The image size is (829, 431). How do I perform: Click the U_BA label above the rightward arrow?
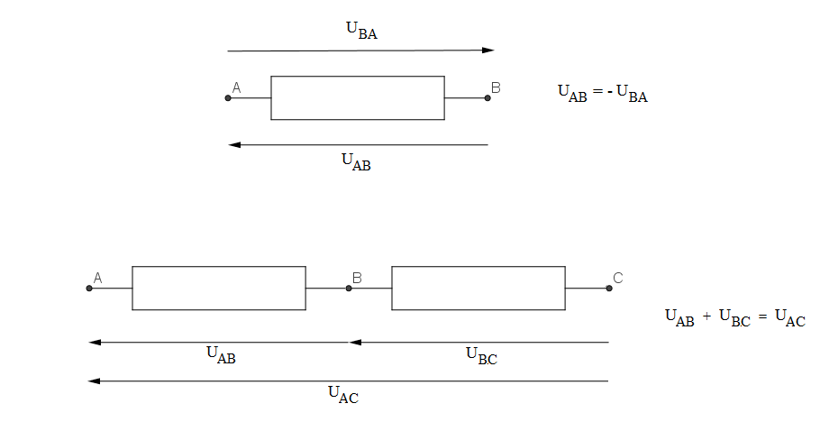[x=361, y=30]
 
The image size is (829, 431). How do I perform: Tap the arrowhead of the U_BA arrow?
[x=488, y=50]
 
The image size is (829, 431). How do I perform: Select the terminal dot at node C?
[x=609, y=289]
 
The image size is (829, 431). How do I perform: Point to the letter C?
[x=618, y=278]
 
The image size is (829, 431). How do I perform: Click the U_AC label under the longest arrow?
[x=342, y=394]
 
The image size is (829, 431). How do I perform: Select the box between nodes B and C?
[x=478, y=288]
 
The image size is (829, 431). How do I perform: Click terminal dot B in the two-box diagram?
[x=349, y=289]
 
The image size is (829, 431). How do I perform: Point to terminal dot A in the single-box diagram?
[x=228, y=97]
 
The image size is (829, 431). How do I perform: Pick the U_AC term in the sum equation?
[x=789, y=318]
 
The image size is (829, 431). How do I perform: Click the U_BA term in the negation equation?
[x=632, y=95]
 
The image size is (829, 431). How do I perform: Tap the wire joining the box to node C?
[x=587, y=289]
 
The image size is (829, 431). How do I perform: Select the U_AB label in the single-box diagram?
[x=356, y=162]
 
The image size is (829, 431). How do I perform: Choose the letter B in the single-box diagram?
[x=496, y=87]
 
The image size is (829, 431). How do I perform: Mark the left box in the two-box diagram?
[x=218, y=288]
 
